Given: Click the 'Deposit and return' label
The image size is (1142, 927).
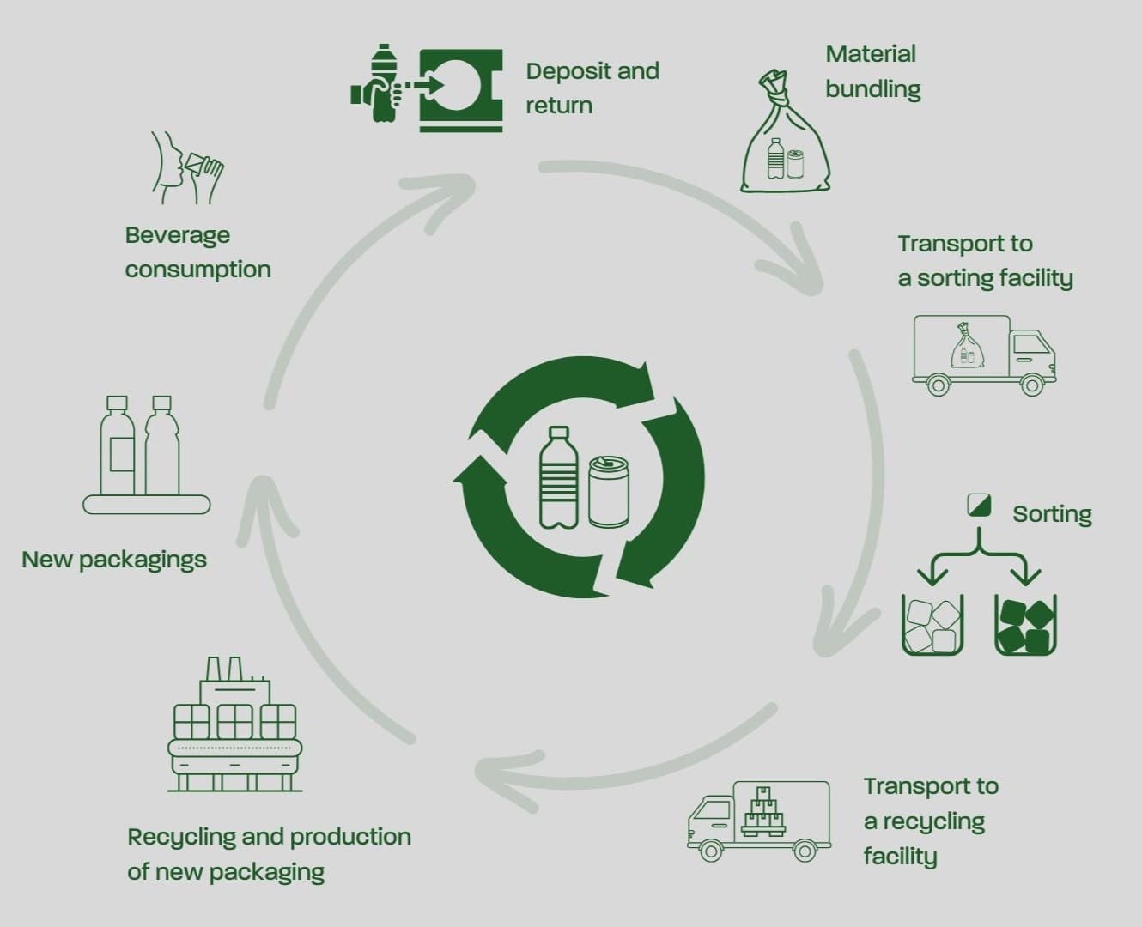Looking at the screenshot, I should [x=592, y=88].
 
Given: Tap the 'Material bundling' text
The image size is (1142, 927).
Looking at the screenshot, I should [x=872, y=71].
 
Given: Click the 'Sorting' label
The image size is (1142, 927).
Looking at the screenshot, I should [x=1052, y=514].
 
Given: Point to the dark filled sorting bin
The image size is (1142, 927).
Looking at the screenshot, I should [x=1025, y=625].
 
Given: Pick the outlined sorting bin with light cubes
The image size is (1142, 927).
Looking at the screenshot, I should [x=932, y=625].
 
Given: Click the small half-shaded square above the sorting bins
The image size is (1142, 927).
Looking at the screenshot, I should [x=979, y=505].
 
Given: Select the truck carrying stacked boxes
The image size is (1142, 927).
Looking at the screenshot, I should [x=759, y=820].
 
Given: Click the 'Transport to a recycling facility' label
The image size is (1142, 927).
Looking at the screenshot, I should [x=930, y=821].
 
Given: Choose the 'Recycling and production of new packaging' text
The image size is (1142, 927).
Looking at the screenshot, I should [x=269, y=854].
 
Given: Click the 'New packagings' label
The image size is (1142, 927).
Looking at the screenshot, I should [x=114, y=560].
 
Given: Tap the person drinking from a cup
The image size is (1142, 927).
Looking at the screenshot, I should [x=185, y=167].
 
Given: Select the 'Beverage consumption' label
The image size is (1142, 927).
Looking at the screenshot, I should [x=197, y=252].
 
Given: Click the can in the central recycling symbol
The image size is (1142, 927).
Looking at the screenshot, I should [x=609, y=491].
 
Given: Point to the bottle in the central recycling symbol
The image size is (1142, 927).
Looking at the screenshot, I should [x=559, y=477].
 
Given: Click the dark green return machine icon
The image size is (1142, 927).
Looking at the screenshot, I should [x=460, y=89].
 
